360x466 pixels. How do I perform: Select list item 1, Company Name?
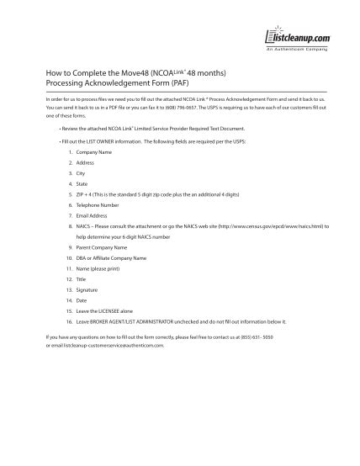(x=92, y=151)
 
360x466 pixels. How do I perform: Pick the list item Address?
(x=85, y=162)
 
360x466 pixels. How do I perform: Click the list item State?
(x=82, y=183)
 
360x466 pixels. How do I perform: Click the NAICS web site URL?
(x=270, y=225)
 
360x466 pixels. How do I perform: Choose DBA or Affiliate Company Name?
(x=110, y=257)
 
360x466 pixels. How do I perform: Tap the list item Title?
(x=81, y=278)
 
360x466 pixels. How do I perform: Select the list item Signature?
(x=86, y=289)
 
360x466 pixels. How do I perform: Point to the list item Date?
(x=81, y=299)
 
